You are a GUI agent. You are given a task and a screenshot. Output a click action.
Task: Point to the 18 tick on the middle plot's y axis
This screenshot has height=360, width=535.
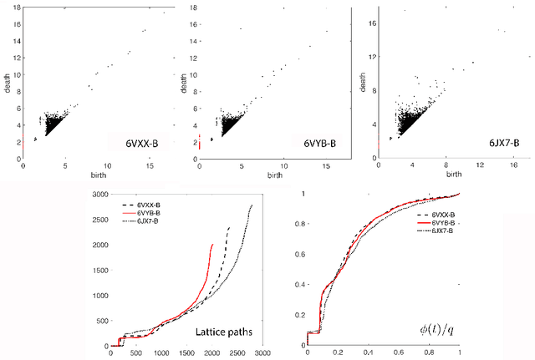click(193, 8)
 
